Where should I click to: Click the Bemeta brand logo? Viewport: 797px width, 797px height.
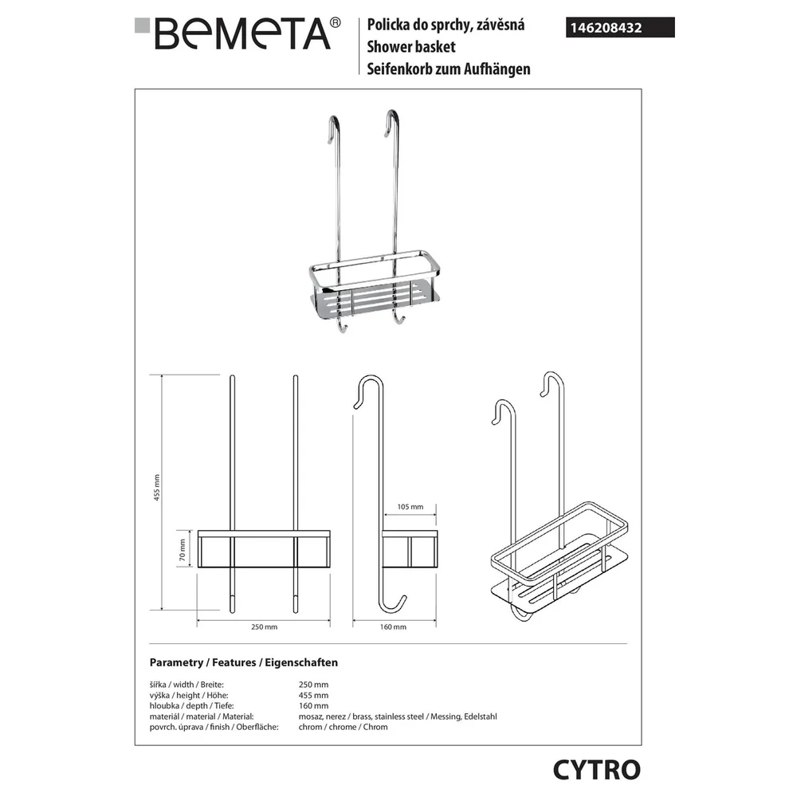238,33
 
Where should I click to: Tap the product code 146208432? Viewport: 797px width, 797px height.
606,28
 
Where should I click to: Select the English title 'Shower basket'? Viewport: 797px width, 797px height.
410,47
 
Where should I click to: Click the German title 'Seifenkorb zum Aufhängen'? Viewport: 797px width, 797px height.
448,69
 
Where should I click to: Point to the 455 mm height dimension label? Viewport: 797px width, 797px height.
157,488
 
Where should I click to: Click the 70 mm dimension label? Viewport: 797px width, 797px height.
183,550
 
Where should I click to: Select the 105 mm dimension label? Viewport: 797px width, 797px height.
410,507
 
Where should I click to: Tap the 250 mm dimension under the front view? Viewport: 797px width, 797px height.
265,627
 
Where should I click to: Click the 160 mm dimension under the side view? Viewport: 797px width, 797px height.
393,627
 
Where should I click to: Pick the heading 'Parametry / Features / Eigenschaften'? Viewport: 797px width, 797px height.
243,663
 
